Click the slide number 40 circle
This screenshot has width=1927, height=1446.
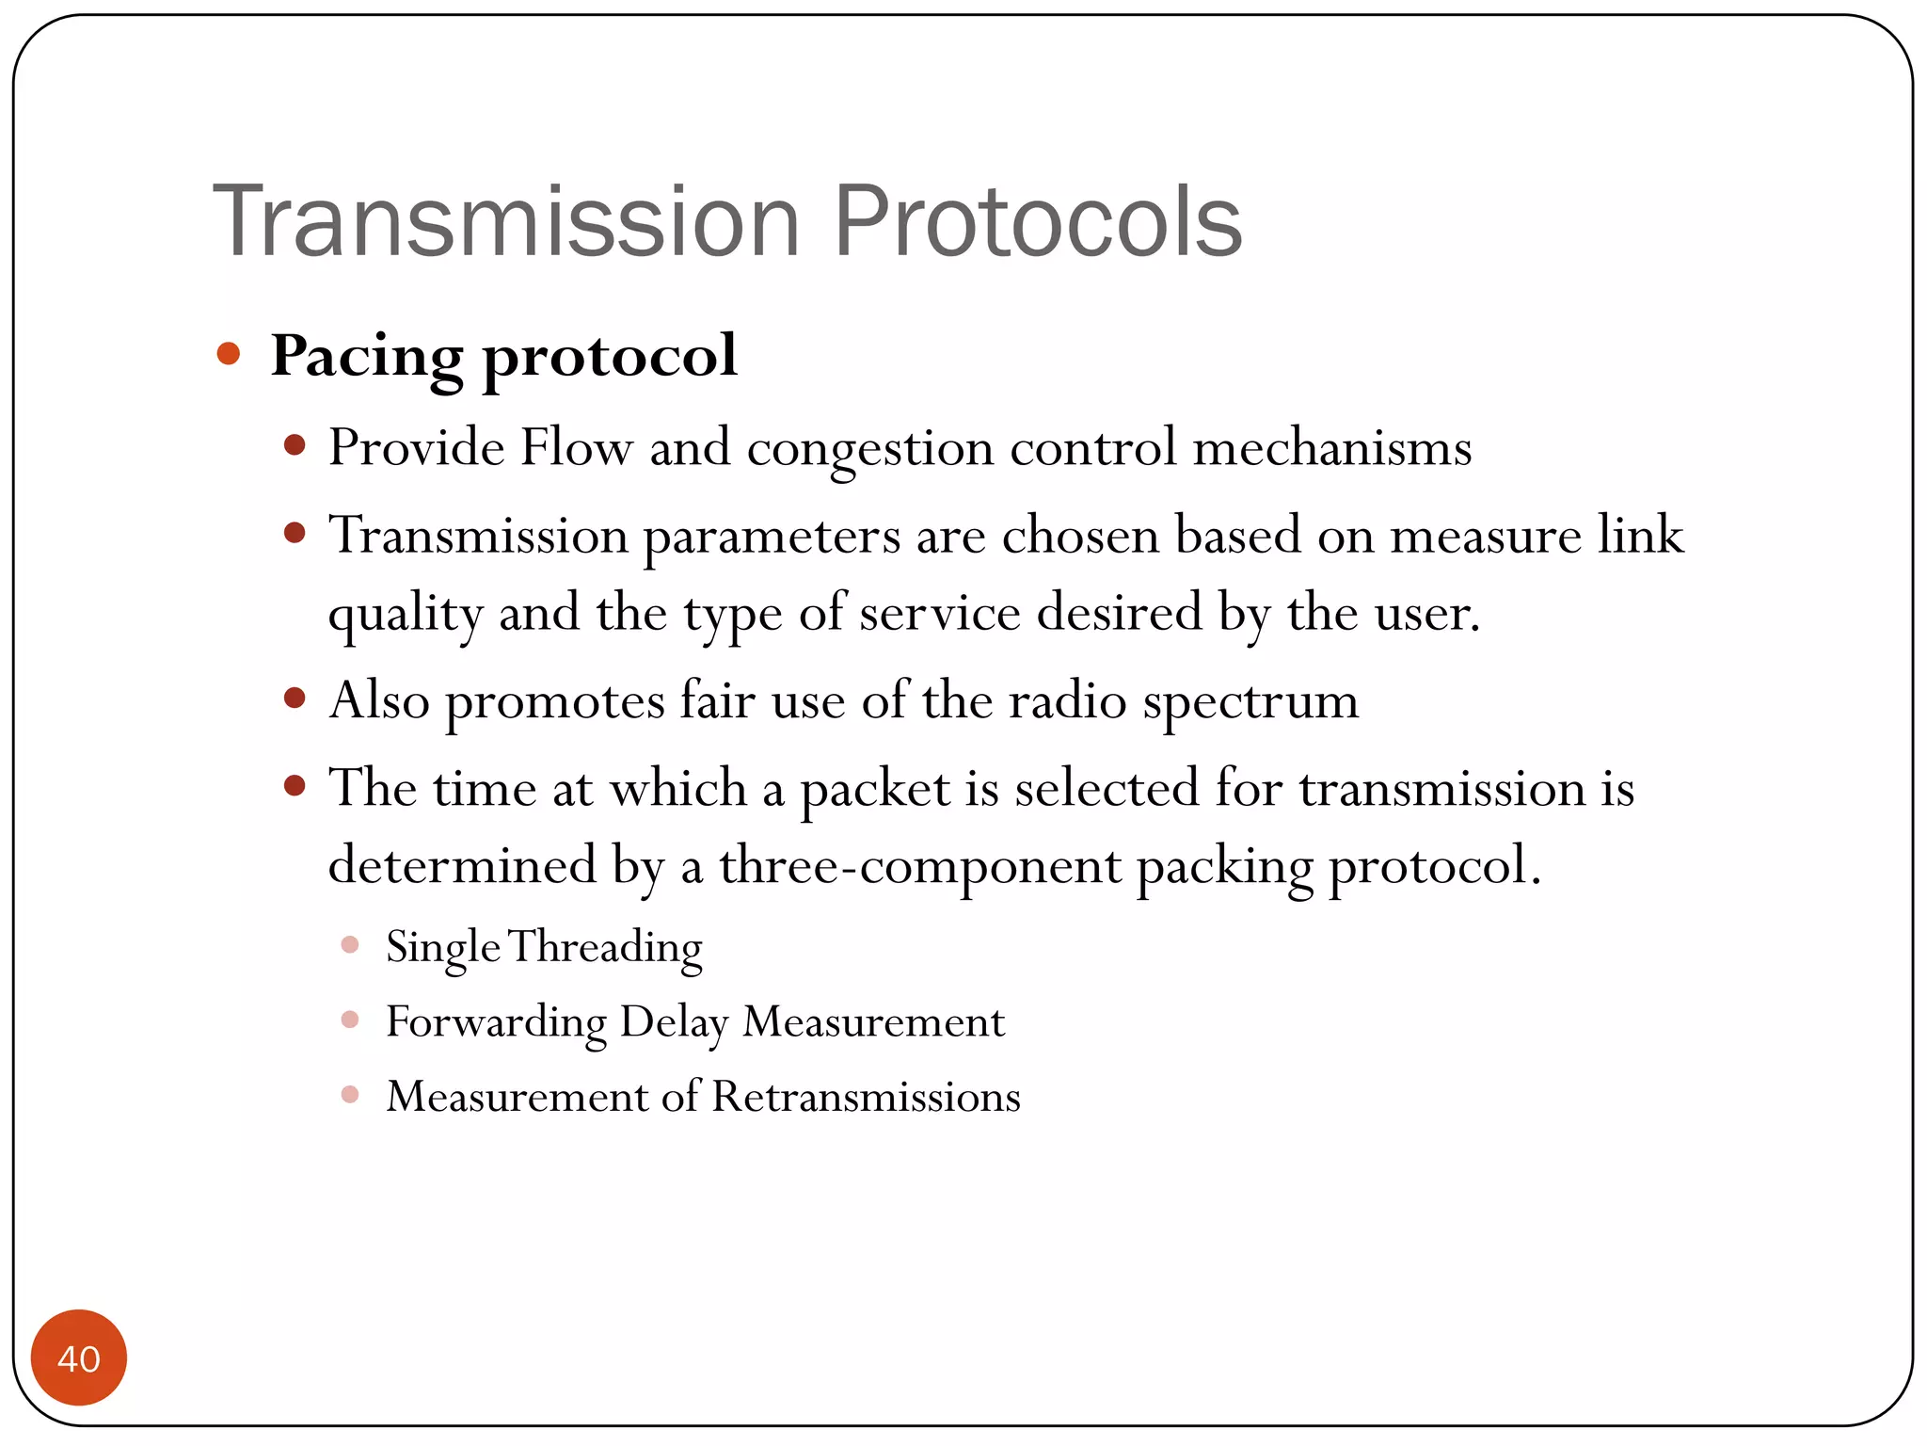(79, 1358)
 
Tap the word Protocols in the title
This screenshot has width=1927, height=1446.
(1038, 222)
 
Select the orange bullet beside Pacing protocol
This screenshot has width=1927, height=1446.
(228, 355)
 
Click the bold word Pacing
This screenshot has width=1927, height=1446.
(367, 358)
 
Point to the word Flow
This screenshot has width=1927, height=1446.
(576, 447)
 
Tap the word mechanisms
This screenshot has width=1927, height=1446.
(1331, 447)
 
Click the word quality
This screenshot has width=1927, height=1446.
(406, 615)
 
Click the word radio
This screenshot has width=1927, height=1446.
(1068, 701)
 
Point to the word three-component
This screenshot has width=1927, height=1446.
(920, 866)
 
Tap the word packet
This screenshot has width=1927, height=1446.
(875, 790)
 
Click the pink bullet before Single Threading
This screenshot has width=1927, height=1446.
(350, 944)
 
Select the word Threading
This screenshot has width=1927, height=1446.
(606, 947)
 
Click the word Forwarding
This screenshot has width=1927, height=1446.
(496, 1022)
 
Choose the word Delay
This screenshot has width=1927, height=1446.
(674, 1022)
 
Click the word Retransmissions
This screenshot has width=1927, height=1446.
(866, 1097)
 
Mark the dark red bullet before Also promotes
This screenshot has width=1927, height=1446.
(295, 699)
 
